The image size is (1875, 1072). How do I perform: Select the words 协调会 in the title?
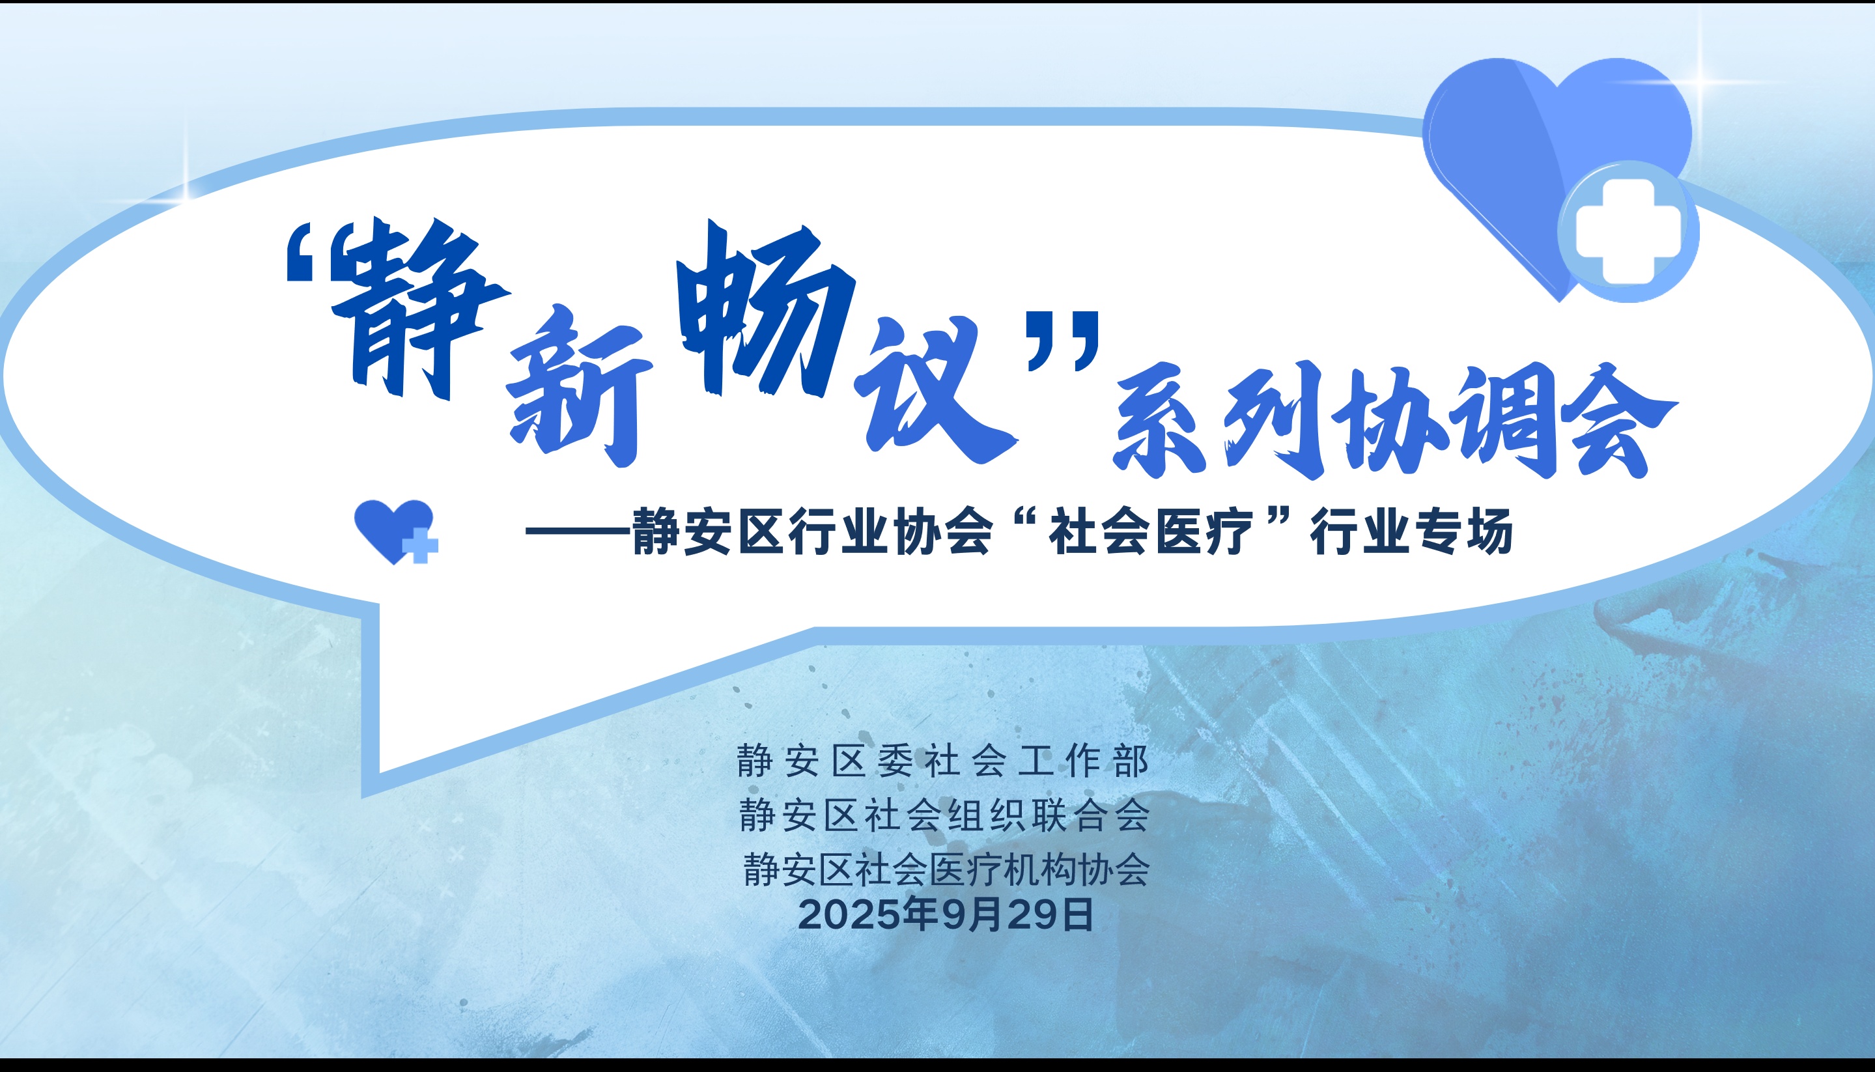[x=1509, y=419]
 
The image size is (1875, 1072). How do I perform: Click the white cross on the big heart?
[x=1628, y=232]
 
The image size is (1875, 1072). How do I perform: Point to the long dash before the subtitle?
[x=578, y=531]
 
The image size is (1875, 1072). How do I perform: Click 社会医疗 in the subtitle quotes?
[x=1150, y=531]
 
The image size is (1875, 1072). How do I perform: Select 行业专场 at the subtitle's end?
[x=1411, y=531]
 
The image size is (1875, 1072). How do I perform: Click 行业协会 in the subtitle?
[x=891, y=531]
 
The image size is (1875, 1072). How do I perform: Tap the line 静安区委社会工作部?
[x=942, y=761]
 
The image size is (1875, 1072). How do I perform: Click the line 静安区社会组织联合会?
[x=944, y=815]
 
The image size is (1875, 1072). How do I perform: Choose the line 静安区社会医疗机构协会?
[x=946, y=869]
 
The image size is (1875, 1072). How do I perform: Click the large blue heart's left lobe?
[x=1487, y=147]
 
